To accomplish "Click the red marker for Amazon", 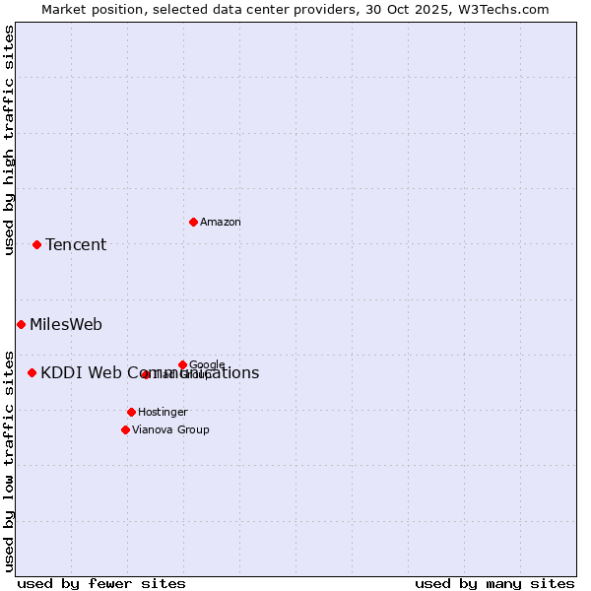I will [x=193, y=222].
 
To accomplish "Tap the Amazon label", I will [x=221, y=223].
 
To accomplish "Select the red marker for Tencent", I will [x=36, y=244].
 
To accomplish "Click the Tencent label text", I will [x=76, y=245].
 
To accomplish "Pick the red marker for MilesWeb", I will [x=21, y=324].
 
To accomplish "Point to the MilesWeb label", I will [x=66, y=325].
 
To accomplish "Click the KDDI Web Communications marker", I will [x=32, y=372].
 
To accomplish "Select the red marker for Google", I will [x=182, y=364].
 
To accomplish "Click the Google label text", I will [x=208, y=365].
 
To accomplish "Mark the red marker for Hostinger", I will [x=131, y=412].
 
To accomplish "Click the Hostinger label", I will [x=163, y=413].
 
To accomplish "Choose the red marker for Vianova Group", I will [x=125, y=429].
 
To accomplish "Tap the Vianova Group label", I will [x=170, y=430].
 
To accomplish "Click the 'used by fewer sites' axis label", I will [x=101, y=583].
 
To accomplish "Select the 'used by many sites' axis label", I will [x=494, y=583].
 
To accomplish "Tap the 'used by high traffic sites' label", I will [x=9, y=140].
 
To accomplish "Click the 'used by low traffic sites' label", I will [x=9, y=460].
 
